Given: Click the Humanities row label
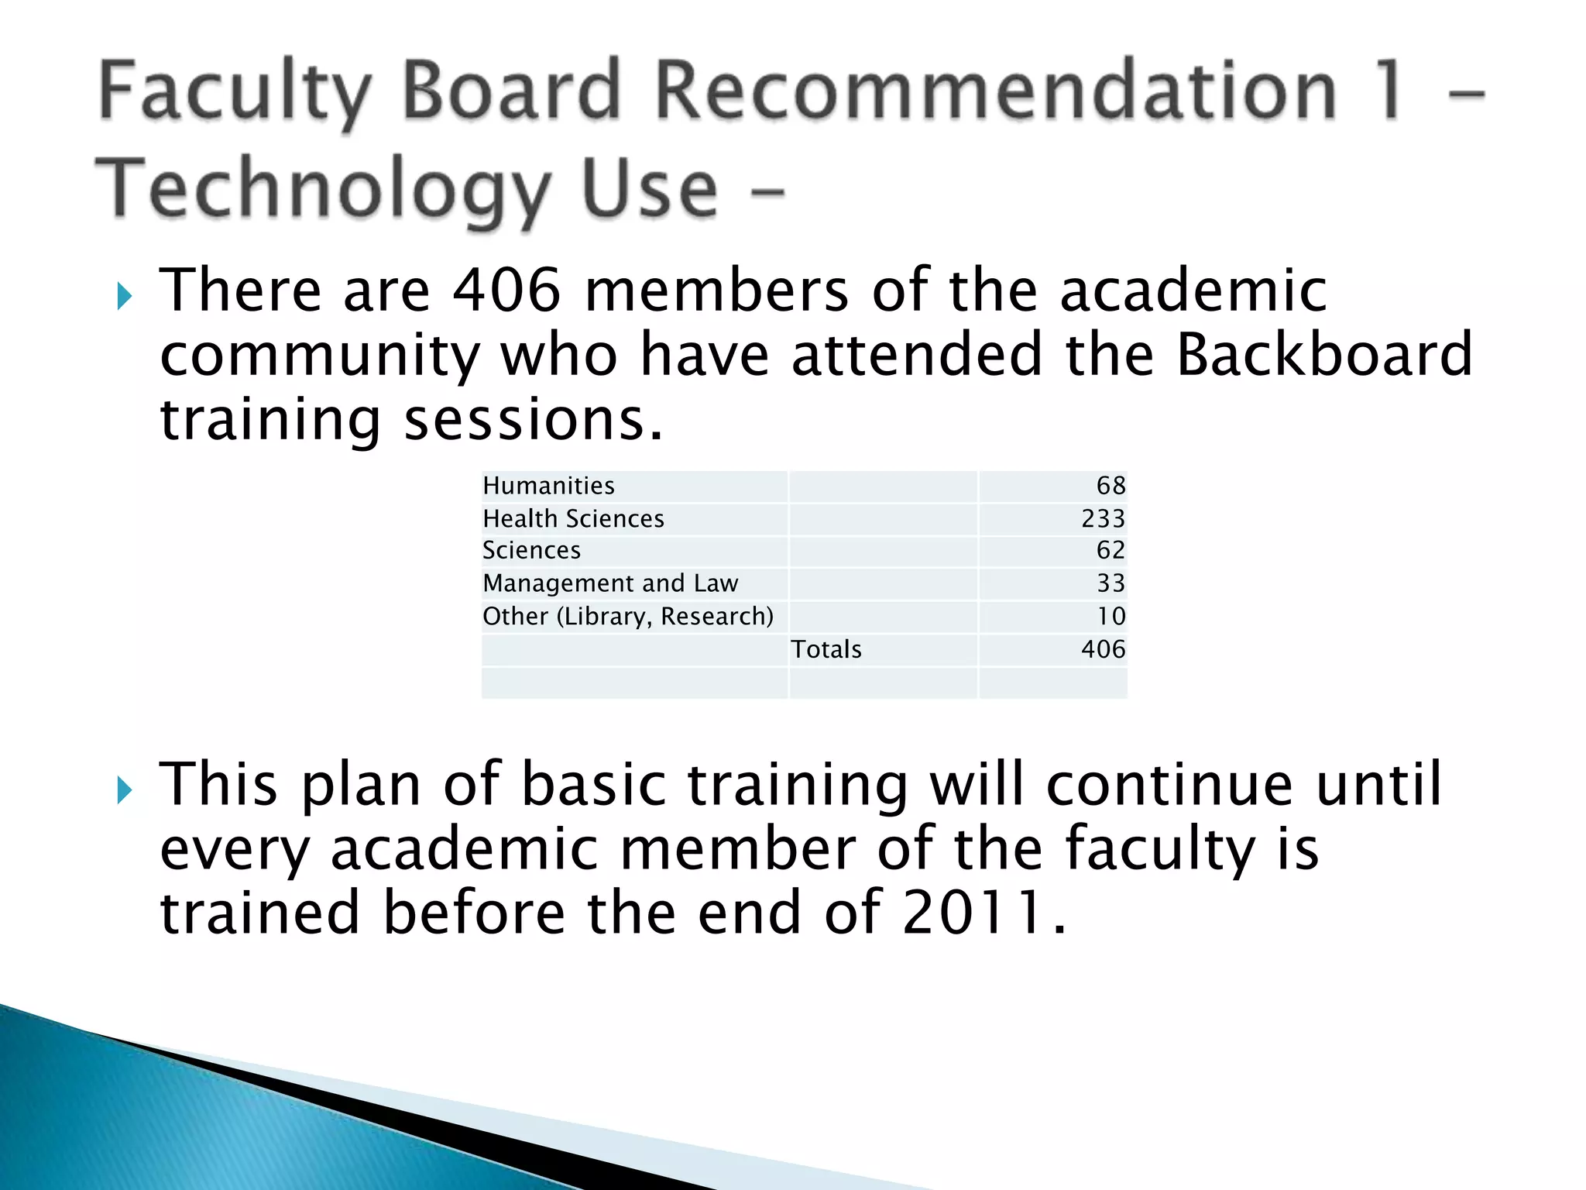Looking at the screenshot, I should pyautogui.click(x=548, y=486).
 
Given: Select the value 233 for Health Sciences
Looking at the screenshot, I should pyautogui.click(x=1103, y=518).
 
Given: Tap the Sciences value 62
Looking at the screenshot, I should pyautogui.click(x=1110, y=550).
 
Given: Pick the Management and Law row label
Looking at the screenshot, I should pyautogui.click(x=610, y=583).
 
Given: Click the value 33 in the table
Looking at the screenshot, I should pyautogui.click(x=1110, y=583).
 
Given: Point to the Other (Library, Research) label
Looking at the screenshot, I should pyautogui.click(x=628, y=617).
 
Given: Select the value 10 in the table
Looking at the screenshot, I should pyautogui.click(x=1111, y=617).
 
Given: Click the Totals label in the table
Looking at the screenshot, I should pyautogui.click(x=826, y=649).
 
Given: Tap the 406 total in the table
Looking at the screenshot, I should pyautogui.click(x=1103, y=649).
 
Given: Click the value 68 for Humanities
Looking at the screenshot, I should pyautogui.click(x=1111, y=486).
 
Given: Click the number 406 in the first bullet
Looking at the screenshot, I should pyautogui.click(x=506, y=291).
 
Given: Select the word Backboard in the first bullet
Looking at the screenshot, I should pyautogui.click(x=1323, y=355).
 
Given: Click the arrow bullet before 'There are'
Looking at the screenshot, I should pyautogui.click(x=125, y=296).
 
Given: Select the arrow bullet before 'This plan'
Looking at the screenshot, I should pyautogui.click(x=125, y=790).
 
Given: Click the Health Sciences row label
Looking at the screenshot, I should pyautogui.click(x=573, y=518).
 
